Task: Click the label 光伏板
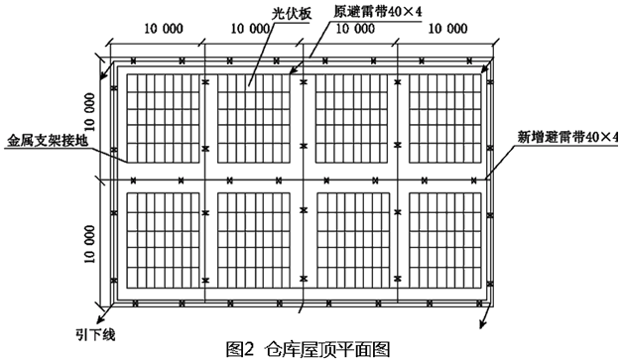tap(292, 13)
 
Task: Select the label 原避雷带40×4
tap(377, 12)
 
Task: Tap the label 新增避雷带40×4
tap(567, 137)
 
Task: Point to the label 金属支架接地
tap(48, 141)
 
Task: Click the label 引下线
tap(95, 335)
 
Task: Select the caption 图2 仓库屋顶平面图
tap(308, 349)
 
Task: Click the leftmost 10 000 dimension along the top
tap(164, 29)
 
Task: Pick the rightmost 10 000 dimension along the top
tap(447, 29)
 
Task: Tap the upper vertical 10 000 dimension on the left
tap(89, 112)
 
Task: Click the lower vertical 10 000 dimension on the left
tap(89, 244)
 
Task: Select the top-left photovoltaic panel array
tap(163, 118)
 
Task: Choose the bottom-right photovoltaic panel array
tap(445, 241)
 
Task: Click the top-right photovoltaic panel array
tap(445, 118)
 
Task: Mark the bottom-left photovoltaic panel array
tap(163, 241)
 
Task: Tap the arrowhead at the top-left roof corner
tap(103, 75)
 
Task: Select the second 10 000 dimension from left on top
tap(250, 29)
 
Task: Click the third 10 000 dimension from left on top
tap(355, 29)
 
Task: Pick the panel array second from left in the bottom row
tap(254, 241)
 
